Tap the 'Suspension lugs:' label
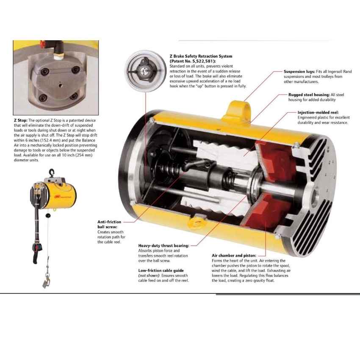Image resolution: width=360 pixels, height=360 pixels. coord(299,72)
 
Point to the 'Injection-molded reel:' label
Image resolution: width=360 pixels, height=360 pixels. coord(314,113)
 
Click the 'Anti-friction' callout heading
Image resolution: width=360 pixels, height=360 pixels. coord(109,222)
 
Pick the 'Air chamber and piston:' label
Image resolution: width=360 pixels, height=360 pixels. coord(233,256)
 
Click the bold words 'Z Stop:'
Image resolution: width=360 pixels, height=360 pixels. coord(21,120)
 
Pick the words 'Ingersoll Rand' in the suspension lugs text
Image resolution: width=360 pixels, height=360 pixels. coord(336,77)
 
